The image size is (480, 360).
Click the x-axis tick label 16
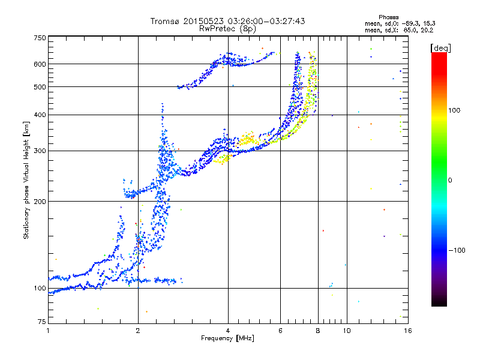407,331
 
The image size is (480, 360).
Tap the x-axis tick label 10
347,331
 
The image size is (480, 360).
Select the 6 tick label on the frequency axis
280,331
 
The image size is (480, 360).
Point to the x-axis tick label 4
228,331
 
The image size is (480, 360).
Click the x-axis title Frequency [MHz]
227,339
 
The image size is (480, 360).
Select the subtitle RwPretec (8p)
227,28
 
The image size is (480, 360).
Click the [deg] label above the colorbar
440,47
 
